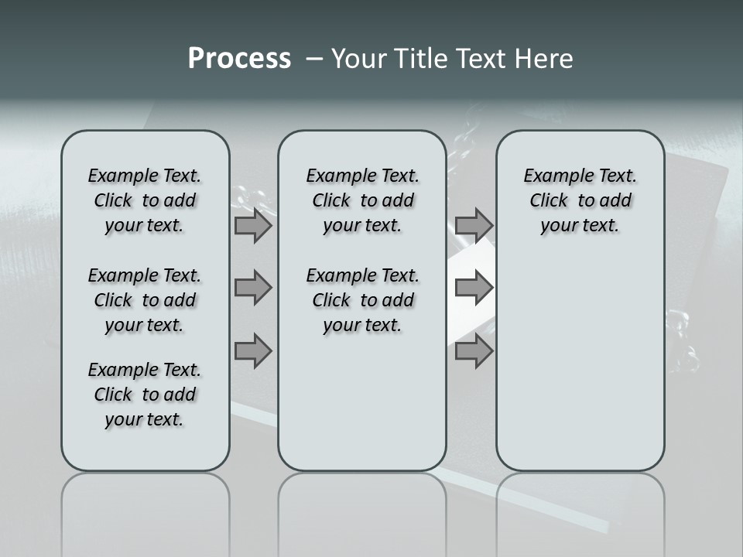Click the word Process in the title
click(x=239, y=59)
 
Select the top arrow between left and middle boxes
click(x=253, y=225)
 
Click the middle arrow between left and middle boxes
click(x=253, y=288)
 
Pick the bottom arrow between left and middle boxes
click(x=253, y=350)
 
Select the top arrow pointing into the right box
click(x=474, y=225)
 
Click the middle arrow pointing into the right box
click(x=474, y=288)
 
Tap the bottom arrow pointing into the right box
click(x=474, y=350)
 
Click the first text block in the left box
click(x=145, y=200)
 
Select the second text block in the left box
click(x=145, y=300)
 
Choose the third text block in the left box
click(x=145, y=395)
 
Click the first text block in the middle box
click(x=362, y=200)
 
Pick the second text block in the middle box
click(x=362, y=300)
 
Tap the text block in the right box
click(x=580, y=200)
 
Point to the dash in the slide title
click(x=314, y=60)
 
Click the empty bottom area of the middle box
click(x=362, y=410)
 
